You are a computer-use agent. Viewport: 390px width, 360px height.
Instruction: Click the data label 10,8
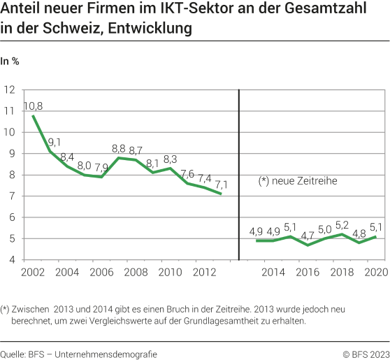[34, 106]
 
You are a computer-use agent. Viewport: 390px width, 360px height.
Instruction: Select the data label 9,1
[55, 142]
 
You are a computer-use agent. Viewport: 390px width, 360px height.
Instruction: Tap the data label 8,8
[119, 149]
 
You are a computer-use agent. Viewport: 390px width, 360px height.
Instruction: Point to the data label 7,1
[222, 184]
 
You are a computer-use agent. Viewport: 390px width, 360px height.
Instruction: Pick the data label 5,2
[342, 226]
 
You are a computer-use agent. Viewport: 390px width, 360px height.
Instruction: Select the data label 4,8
[359, 234]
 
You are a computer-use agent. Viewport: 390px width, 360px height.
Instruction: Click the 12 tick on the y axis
[10, 90]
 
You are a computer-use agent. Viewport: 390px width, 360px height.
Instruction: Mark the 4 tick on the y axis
[13, 259]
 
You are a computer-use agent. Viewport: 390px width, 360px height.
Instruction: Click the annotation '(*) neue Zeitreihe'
[298, 182]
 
